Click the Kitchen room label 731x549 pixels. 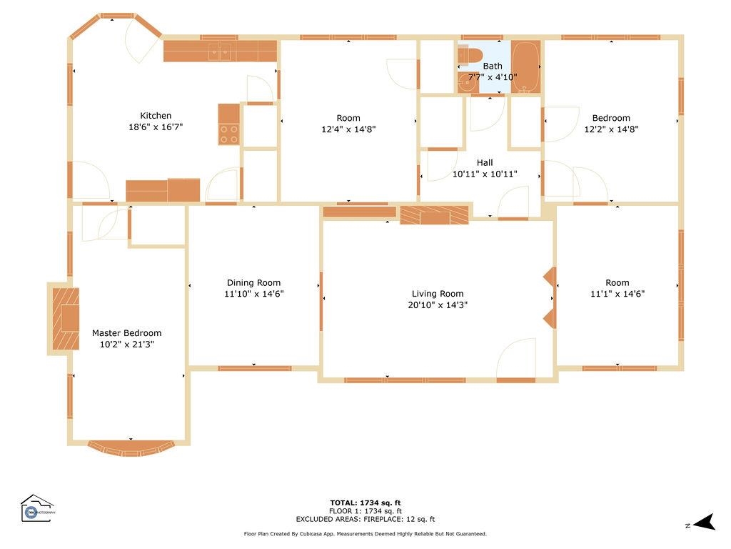(x=156, y=115)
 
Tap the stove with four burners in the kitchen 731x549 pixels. (x=228, y=134)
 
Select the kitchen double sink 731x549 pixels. (x=220, y=51)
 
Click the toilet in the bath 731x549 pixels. (x=471, y=54)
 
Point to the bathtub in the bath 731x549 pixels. (x=525, y=67)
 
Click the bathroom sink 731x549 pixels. (x=468, y=84)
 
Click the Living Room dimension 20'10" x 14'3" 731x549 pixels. (x=437, y=305)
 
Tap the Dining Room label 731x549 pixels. (x=253, y=282)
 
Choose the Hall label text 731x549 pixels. (x=485, y=162)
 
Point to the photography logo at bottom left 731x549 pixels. (x=37, y=508)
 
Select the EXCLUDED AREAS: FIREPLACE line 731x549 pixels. (x=365, y=520)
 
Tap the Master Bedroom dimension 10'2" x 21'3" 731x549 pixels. (x=126, y=345)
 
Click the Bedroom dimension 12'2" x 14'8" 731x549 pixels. (x=611, y=129)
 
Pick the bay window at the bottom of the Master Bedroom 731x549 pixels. (x=131, y=448)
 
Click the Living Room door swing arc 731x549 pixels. (x=517, y=357)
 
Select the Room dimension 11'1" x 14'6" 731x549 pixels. (x=617, y=294)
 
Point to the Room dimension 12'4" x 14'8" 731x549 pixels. (x=348, y=129)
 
